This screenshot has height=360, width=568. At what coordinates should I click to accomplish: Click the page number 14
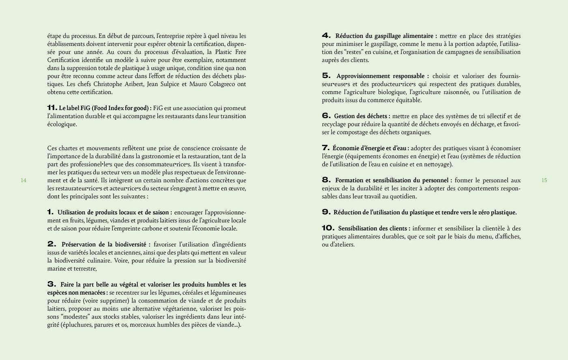pyautogui.click(x=24, y=181)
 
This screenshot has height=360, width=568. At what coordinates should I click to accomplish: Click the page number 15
pyautogui.click(x=544, y=181)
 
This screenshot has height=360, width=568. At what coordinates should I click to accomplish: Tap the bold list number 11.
pyautogui.click(x=52, y=108)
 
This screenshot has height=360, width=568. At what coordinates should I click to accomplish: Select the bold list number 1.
pyautogui.click(x=50, y=212)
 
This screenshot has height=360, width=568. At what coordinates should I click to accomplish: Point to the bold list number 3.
pyautogui.click(x=52, y=285)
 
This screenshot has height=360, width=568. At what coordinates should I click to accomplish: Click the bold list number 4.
pyautogui.click(x=326, y=36)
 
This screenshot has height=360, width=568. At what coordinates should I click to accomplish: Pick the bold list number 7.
pyautogui.click(x=326, y=148)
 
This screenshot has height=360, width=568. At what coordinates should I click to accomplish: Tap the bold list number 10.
pyautogui.click(x=328, y=229)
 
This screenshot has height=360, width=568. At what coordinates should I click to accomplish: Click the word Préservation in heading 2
pyautogui.click(x=80, y=244)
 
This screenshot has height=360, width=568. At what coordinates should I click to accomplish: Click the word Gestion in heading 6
pyautogui.click(x=344, y=116)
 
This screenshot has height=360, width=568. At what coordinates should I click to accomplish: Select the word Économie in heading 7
pyautogui.click(x=344, y=148)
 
